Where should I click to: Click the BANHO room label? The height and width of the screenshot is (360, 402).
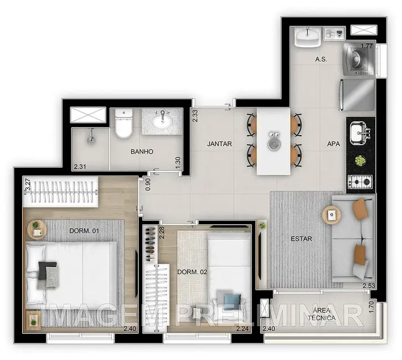point(141,151)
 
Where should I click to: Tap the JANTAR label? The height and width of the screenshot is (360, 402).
point(219,144)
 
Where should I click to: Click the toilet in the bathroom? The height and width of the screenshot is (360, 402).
point(122,125)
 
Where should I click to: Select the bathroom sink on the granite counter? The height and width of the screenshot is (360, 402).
point(162,120)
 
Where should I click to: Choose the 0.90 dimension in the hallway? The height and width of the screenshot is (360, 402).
point(148,184)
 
